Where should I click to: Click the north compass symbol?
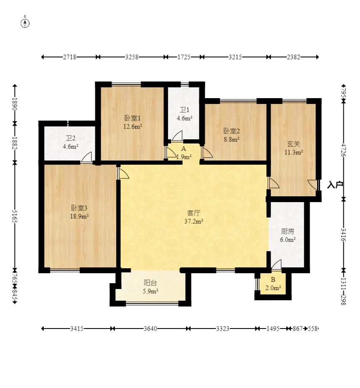[25, 23]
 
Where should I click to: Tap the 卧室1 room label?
[132, 118]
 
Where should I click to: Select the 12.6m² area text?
[133, 126]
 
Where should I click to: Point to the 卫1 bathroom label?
[184, 110]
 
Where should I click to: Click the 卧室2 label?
[231, 131]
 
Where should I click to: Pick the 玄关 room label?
[293, 144]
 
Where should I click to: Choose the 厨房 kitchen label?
[288, 231]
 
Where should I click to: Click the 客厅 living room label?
[194, 213]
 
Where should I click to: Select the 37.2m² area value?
[194, 221]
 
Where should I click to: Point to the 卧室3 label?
[79, 208]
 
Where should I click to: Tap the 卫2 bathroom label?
[71, 138]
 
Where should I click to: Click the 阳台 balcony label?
[150, 283]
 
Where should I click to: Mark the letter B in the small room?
[273, 279]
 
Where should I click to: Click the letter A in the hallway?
[184, 149]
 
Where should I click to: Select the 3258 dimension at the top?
[132, 57]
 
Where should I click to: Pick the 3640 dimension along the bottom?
[151, 329]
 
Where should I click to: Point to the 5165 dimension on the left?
[15, 216]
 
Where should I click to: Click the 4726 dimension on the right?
[343, 150]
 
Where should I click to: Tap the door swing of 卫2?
[87, 157]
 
